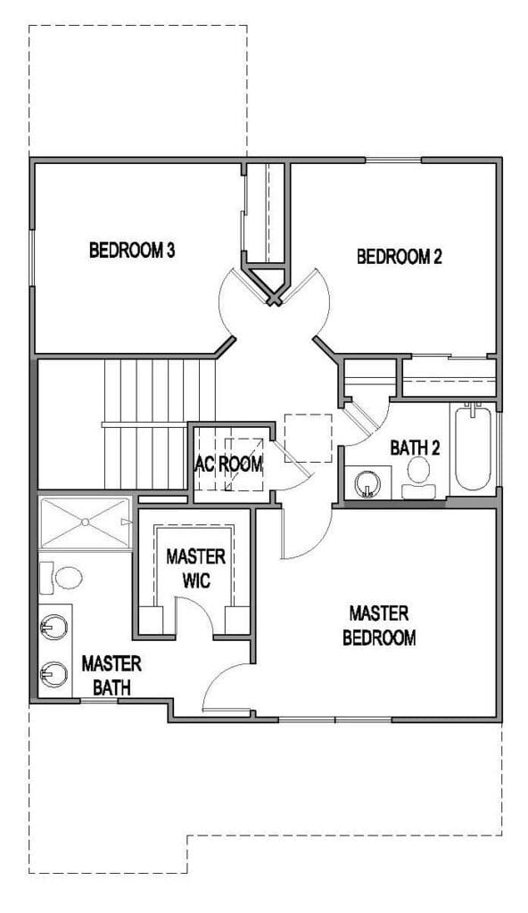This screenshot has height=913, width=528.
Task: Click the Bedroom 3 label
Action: (132, 251)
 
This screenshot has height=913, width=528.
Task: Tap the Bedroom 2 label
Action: (400, 257)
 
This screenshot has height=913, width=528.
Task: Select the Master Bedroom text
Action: (379, 625)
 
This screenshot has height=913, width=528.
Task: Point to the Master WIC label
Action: (196, 568)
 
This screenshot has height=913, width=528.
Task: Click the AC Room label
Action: (228, 465)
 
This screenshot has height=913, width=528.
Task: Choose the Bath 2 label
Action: (415, 448)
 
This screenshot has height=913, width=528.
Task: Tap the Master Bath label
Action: (111, 676)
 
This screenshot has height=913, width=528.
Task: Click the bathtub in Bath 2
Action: (473, 449)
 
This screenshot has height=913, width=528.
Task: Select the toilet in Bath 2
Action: (418, 477)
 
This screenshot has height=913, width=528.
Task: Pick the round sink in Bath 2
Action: (367, 483)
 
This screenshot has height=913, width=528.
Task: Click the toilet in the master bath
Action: (62, 578)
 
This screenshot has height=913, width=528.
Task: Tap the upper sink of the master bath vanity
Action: (54, 628)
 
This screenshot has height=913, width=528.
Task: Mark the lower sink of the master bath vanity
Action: (54, 675)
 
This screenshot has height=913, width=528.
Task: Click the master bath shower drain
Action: (85, 522)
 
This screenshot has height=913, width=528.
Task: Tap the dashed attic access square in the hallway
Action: (309, 438)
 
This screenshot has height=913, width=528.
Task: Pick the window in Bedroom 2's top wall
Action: (393, 160)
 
